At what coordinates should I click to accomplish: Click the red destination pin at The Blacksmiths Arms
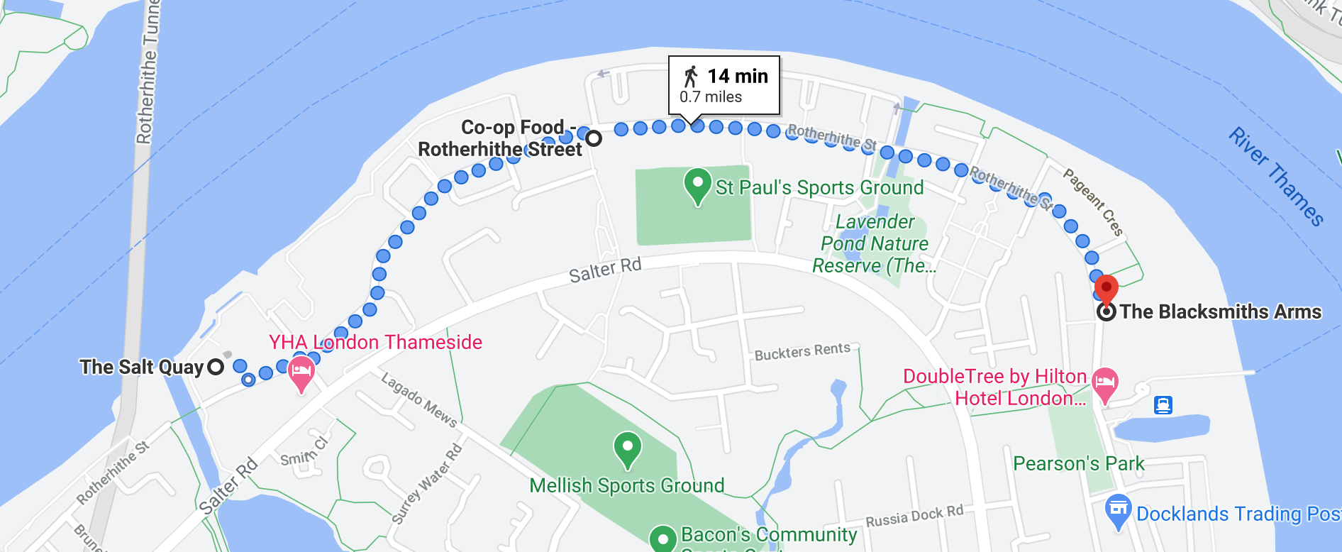1106,288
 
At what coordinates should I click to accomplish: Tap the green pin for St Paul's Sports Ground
698,184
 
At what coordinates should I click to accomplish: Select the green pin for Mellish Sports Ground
628,448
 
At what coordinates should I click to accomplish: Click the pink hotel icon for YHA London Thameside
301,372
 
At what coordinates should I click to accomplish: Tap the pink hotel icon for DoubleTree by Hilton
1104,383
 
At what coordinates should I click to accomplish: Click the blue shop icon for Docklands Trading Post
1118,510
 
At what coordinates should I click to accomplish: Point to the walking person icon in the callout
690,77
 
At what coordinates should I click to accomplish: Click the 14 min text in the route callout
738,76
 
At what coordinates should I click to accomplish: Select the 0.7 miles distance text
711,97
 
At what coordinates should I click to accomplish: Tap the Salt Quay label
142,367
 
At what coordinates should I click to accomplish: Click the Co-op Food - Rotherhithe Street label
501,138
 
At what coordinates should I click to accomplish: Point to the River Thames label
1276,177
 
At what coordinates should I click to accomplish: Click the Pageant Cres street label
1093,202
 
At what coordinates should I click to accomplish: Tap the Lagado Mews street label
419,400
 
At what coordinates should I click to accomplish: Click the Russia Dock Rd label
914,517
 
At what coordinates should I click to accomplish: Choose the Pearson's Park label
1078,463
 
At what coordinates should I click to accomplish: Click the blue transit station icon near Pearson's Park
1163,405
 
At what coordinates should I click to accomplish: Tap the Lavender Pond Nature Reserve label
875,243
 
